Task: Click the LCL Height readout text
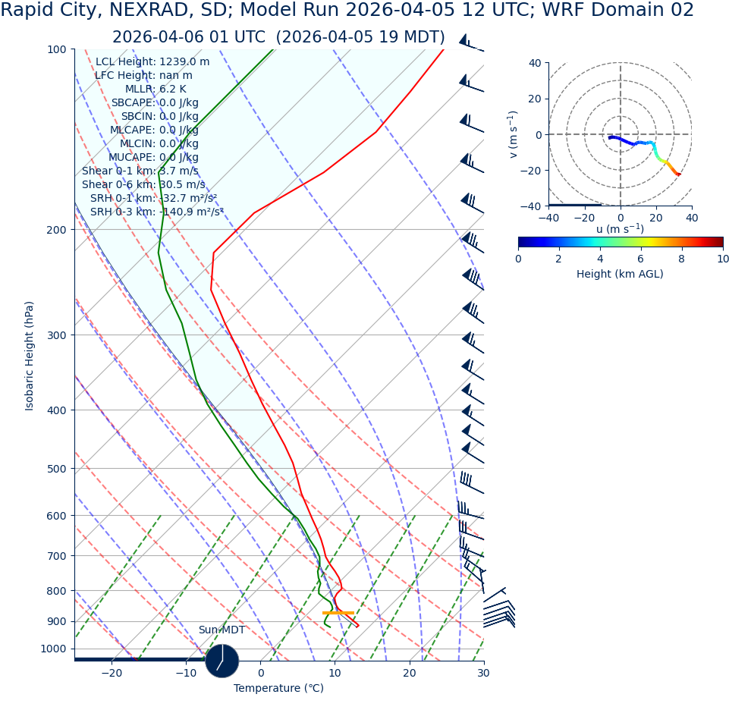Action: coord(152,61)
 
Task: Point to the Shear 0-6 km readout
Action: coord(143,184)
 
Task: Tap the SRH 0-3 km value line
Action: coord(156,212)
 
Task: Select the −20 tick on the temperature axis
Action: coord(112,674)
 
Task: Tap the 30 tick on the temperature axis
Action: coord(483,674)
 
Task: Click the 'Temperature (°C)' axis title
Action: coord(278,689)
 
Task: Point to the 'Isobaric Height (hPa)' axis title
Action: coord(30,356)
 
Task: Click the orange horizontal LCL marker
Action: coord(338,613)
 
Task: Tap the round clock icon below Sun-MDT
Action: coord(222,661)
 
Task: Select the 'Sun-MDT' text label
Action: coord(222,630)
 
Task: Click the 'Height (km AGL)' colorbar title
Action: coord(620,274)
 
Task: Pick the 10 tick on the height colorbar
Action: coord(722,259)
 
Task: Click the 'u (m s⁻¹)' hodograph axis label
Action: coord(620,229)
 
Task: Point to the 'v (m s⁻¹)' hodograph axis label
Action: coord(514,134)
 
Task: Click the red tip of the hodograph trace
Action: coord(679,175)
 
